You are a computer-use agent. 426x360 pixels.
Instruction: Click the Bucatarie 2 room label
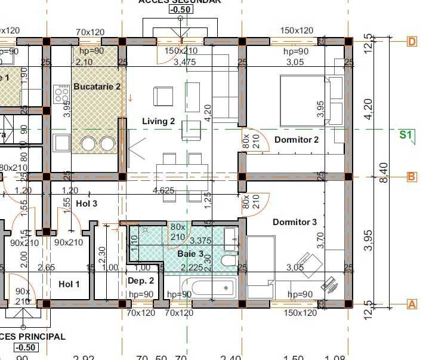pyautogui.click(x=97, y=87)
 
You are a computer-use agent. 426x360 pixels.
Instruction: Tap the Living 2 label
pyautogui.click(x=158, y=122)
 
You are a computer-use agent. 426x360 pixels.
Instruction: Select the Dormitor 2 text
pyautogui.click(x=297, y=140)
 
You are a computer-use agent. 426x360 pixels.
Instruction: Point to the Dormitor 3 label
pyautogui.click(x=295, y=223)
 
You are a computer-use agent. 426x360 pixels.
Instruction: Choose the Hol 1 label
pyautogui.click(x=69, y=284)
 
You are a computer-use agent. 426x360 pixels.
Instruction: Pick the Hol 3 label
pyautogui.click(x=87, y=204)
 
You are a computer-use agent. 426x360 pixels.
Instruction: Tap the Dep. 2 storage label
pyautogui.click(x=141, y=281)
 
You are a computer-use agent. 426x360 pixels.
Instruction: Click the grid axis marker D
pyautogui.click(x=412, y=41)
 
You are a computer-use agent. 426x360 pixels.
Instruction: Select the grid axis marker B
pyautogui.click(x=412, y=177)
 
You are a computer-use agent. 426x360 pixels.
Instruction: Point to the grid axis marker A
pyautogui.click(x=412, y=304)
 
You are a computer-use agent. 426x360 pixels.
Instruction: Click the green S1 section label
pyautogui.click(x=406, y=135)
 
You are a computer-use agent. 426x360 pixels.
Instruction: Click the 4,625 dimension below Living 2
pyautogui.click(x=163, y=191)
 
